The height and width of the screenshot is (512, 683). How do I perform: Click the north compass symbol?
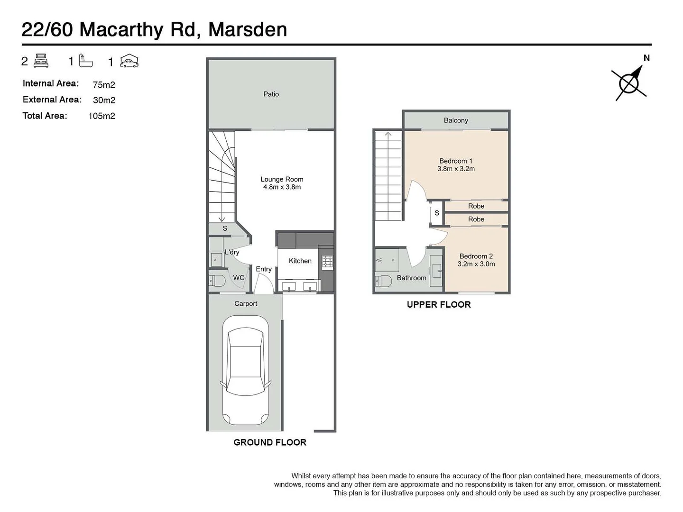[629, 84]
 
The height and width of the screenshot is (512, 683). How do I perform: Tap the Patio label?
[271, 94]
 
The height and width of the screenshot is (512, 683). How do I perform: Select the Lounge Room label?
[282, 179]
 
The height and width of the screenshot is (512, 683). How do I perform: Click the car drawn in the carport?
[245, 371]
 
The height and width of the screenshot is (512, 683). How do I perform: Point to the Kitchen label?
[300, 261]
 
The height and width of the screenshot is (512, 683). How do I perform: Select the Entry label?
[264, 269]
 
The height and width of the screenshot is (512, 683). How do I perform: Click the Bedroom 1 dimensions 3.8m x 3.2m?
[456, 169]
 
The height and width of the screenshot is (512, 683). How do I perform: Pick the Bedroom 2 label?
[476, 256]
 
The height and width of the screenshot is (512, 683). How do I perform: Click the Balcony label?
[456, 120]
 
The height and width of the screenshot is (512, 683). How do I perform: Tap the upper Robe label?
[476, 206]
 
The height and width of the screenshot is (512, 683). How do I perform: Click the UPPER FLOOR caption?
[439, 305]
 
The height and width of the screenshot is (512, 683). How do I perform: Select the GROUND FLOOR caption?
[270, 442]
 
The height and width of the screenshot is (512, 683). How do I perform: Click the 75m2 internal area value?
[104, 85]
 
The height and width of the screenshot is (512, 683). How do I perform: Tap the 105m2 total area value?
[102, 116]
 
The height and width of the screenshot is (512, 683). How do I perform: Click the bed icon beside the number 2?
[41, 62]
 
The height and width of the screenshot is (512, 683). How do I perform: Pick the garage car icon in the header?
[129, 62]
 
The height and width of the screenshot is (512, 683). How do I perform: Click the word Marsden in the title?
[248, 29]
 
